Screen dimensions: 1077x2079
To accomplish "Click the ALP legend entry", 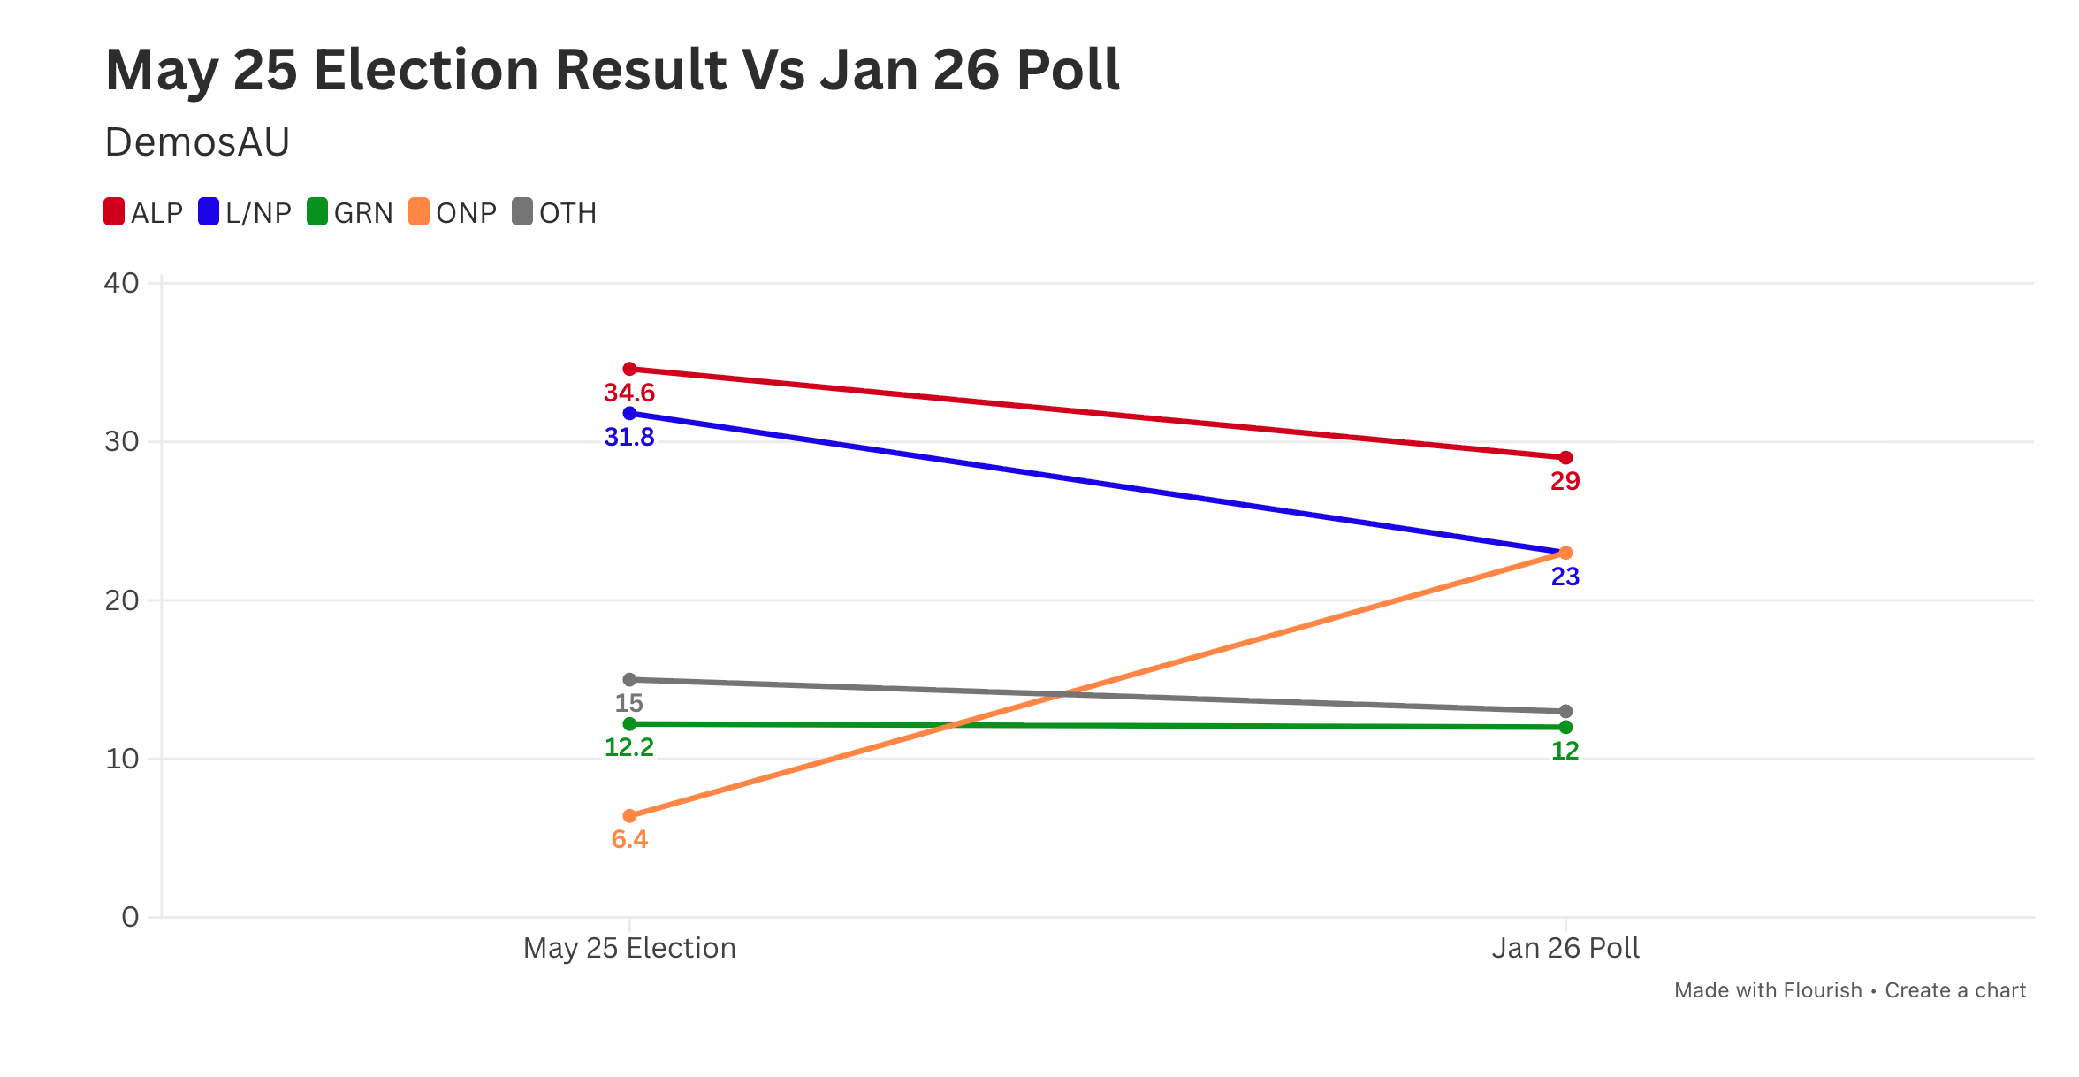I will tap(143, 213).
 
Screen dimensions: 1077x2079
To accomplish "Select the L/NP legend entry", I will tap(245, 213).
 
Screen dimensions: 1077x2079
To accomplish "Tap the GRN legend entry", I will tap(350, 213).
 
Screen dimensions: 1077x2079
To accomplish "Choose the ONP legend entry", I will tap(453, 213).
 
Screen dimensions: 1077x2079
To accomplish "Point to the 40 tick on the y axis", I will tap(122, 283).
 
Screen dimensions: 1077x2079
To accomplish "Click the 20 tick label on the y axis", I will tap(122, 600).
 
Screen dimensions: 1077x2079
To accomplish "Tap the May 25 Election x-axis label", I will tap(629, 948).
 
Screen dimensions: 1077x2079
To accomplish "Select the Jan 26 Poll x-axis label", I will tap(1565, 948).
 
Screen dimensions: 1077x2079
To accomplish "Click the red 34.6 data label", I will tap(629, 393).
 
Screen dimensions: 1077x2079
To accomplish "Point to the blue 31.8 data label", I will tap(629, 437).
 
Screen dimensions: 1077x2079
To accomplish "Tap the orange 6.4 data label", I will tap(629, 839).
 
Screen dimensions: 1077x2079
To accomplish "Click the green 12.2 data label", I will tap(629, 747).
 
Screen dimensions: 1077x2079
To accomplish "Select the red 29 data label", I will tap(1565, 481).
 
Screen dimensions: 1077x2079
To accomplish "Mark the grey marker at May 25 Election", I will tap(629, 680).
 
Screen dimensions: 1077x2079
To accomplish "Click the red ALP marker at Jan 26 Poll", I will tap(1565, 458).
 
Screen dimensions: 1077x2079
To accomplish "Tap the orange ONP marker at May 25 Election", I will tap(629, 816).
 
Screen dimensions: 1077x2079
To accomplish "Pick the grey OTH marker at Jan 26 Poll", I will tap(1565, 712).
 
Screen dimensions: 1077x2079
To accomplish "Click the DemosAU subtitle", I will tap(197, 142).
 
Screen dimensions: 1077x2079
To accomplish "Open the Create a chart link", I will tap(1955, 990).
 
